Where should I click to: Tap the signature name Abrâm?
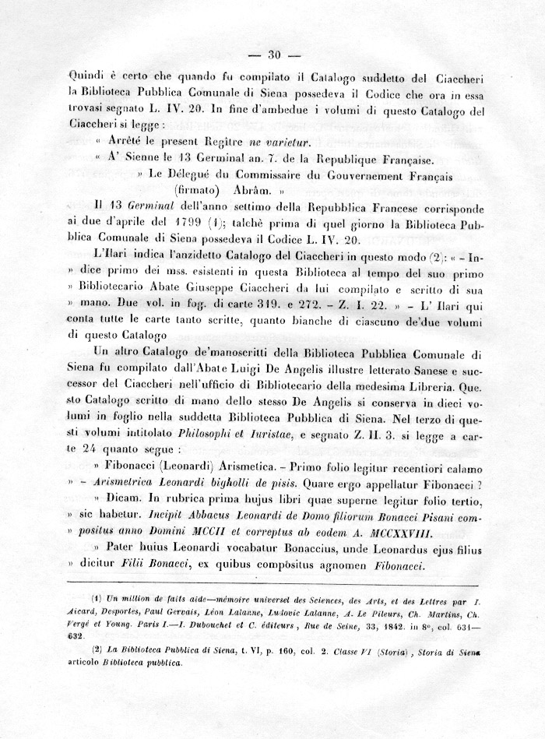pyautogui.click(x=252, y=189)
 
